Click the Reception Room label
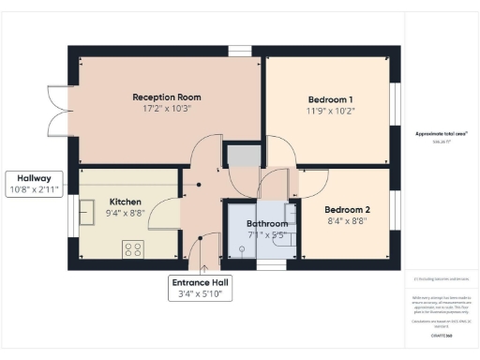pyautogui.click(x=167, y=97)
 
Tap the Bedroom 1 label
pyautogui.click(x=330, y=99)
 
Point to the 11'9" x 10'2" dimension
pyautogui.click(x=330, y=111)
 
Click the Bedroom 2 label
pyautogui.click(x=347, y=209)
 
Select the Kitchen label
pyautogui.click(x=125, y=202)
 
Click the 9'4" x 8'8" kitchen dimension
pyautogui.click(x=125, y=213)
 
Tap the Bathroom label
pyautogui.click(x=266, y=224)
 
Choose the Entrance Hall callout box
pyautogui.click(x=200, y=288)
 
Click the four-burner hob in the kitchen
pyautogui.click(x=133, y=248)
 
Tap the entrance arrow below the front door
pyautogui.click(x=200, y=262)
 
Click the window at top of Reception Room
pyautogui.click(x=240, y=51)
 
